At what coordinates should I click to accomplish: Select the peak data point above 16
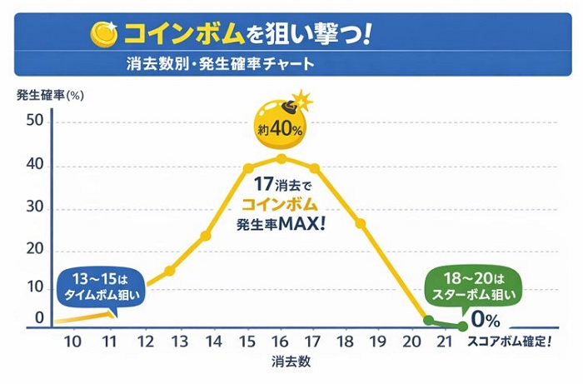point(282,158)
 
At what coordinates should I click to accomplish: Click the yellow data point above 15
point(247,168)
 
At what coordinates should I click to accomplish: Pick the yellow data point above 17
point(315,168)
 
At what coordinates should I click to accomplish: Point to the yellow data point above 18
point(361,223)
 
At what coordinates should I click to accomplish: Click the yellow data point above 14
point(206,236)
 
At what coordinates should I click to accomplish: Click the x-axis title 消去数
point(291,363)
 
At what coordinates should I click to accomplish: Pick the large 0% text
point(484,320)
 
